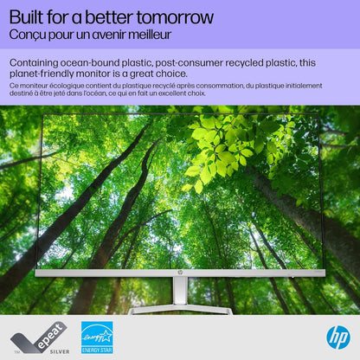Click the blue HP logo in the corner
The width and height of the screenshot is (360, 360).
pyautogui.click(x=337, y=337)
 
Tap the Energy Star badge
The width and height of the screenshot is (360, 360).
pyautogui.click(x=96, y=337)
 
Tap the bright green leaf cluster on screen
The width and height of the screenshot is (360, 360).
pyautogui.click(x=216, y=147)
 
